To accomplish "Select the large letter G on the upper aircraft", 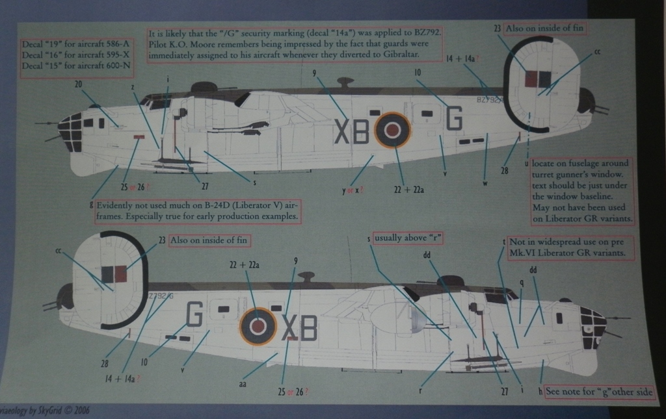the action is [454, 118].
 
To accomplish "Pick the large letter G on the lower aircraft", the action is [194, 313].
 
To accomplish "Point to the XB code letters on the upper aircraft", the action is [351, 133].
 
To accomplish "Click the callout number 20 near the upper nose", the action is [79, 84].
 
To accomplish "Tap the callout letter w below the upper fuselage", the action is [485, 183].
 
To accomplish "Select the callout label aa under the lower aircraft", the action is [243, 384].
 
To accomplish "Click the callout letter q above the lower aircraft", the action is [522, 283].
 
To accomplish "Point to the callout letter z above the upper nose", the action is [133, 86].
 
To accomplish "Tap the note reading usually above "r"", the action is [408, 238].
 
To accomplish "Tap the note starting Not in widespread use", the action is [569, 246].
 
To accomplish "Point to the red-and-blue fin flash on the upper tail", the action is [538, 79].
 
